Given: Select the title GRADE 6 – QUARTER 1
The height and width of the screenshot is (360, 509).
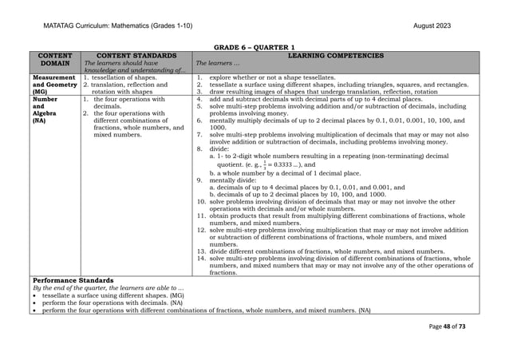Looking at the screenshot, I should point(254,48).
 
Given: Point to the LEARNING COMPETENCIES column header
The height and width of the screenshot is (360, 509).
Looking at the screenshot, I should point(338,56).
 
